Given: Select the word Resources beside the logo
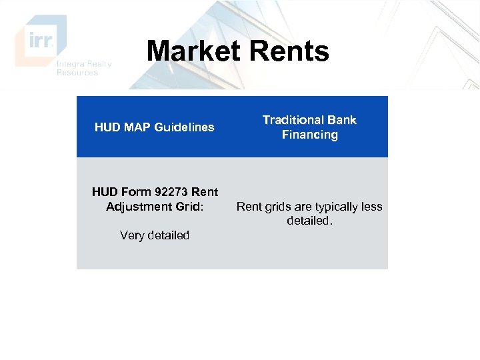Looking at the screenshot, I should (77, 73).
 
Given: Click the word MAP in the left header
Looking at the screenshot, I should (137, 127).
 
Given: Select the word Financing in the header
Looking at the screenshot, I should (309, 135).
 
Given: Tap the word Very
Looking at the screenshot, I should (132, 235).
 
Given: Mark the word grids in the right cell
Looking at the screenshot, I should (278, 207).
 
